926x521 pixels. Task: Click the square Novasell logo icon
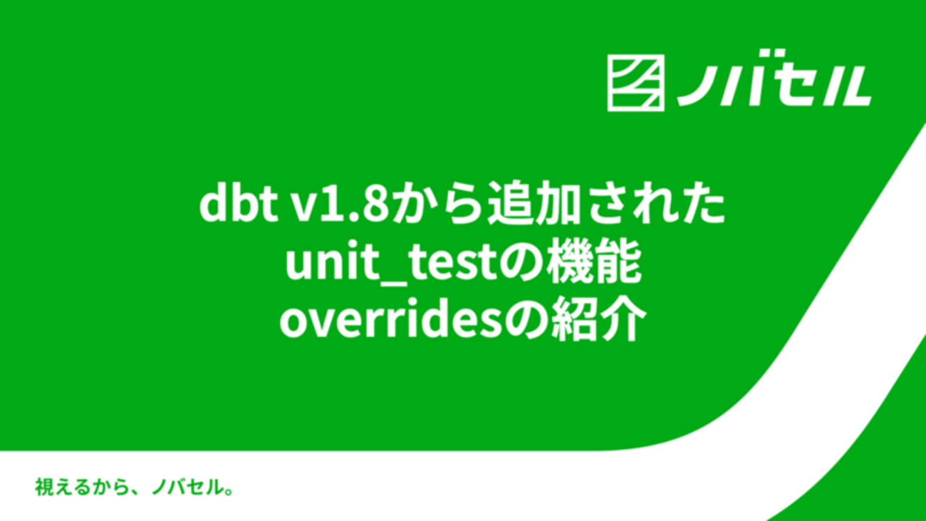[636, 83]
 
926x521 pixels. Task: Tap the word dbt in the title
[239, 205]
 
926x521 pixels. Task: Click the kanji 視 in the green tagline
[43, 488]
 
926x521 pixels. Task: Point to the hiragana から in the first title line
[438, 205]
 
